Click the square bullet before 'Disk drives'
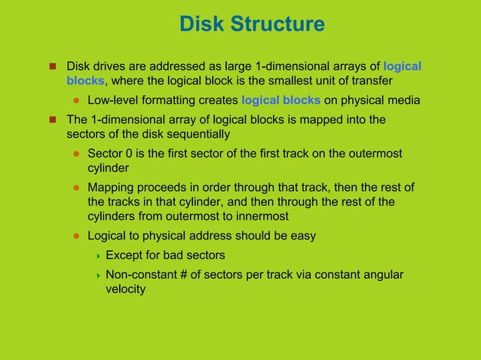click(x=54, y=66)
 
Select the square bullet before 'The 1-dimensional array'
click(x=54, y=119)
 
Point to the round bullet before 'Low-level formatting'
click(x=76, y=101)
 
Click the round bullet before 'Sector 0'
click(x=76, y=154)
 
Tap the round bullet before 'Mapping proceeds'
click(x=76, y=188)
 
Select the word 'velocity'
click(x=125, y=288)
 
